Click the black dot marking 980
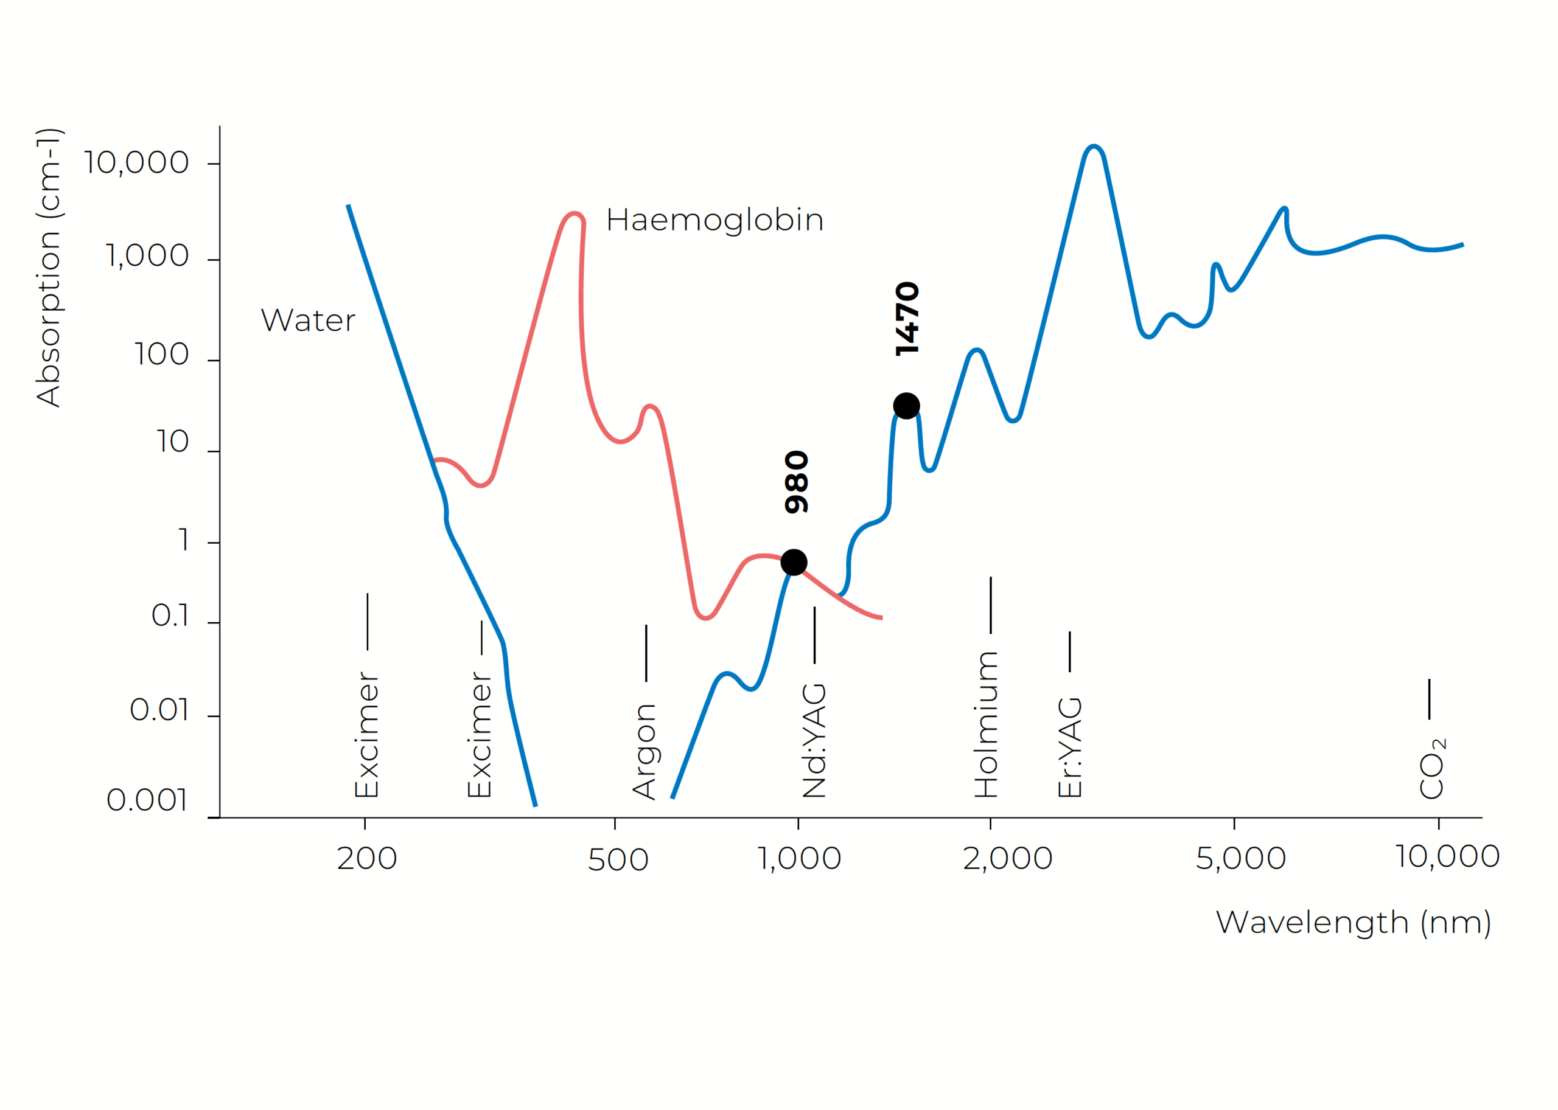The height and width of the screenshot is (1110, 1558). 794,563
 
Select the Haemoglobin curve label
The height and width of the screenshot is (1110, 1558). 714,220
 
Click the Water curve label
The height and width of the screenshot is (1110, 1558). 308,320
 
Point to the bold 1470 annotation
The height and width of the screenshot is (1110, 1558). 907,319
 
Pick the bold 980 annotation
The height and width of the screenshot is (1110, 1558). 797,482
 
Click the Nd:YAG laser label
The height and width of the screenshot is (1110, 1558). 814,741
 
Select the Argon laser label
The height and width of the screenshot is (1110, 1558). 645,751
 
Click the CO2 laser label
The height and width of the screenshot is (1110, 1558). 1431,768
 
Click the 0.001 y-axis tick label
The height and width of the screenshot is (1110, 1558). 147,800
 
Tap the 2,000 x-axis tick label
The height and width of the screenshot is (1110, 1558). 1007,858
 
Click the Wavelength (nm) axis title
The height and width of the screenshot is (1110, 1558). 1354,922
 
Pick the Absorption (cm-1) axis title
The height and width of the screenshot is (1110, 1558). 49,268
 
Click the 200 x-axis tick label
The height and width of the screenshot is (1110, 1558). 367,858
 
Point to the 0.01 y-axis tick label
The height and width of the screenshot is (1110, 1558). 159,710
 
